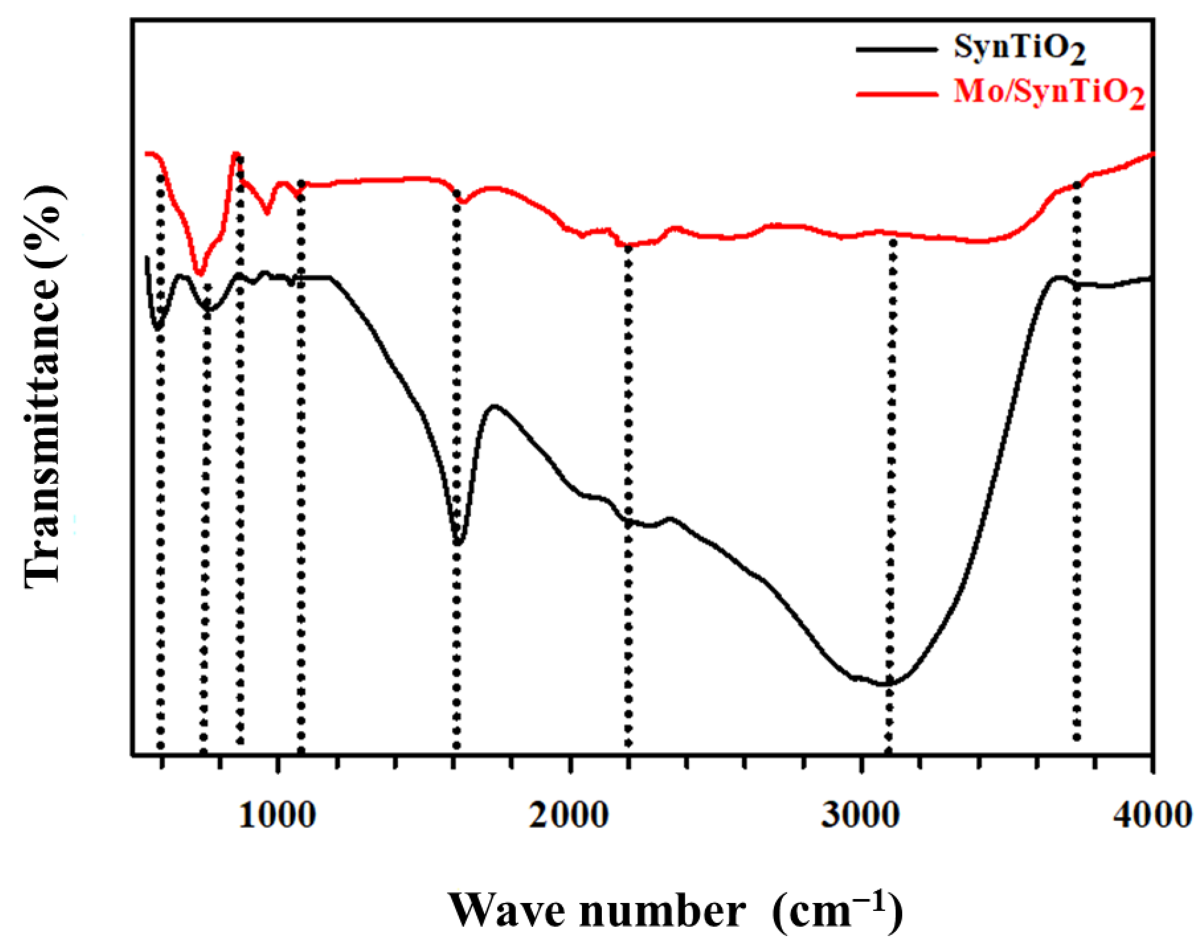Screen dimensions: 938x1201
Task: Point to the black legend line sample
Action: pos(896,50)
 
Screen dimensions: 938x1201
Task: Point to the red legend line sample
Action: pos(896,94)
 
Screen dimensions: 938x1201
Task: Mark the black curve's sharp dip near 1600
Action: pos(458,543)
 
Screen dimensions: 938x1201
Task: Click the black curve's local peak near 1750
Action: pos(494,407)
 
